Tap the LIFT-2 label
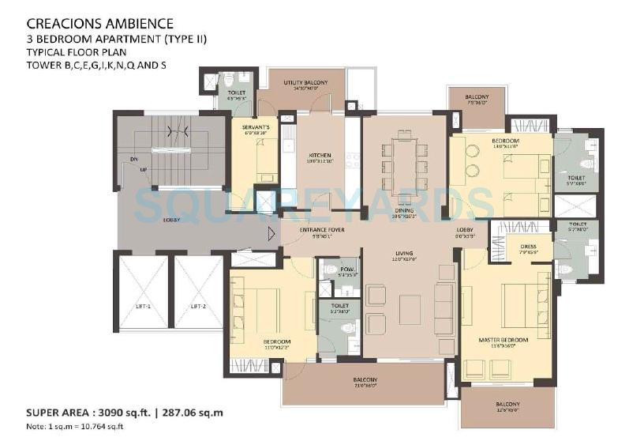pyautogui.click(x=198, y=305)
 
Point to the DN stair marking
pyautogui.click(x=135, y=160)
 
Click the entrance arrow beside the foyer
pyautogui.click(x=271, y=232)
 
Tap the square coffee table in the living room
pyautogui.click(x=410, y=308)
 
